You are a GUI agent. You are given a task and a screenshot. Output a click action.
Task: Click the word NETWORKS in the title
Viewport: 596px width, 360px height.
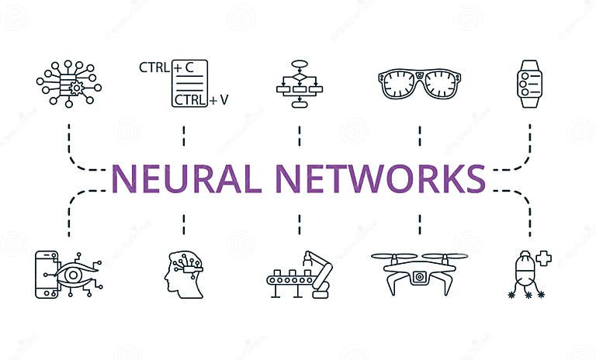(380, 178)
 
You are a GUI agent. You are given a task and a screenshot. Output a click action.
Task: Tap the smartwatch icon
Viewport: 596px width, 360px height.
(529, 84)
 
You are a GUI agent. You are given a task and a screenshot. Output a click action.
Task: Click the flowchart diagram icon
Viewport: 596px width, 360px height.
(299, 84)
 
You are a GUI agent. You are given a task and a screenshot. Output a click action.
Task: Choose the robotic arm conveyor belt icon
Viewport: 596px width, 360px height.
(300, 273)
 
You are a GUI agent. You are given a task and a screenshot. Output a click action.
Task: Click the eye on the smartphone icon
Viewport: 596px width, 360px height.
(70, 273)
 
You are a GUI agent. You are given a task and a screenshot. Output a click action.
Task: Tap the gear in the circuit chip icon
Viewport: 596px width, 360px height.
(76, 88)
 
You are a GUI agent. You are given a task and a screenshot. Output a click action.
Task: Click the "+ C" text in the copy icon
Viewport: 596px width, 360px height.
(183, 67)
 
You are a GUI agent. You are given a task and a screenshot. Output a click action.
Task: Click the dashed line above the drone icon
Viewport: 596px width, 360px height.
(419, 223)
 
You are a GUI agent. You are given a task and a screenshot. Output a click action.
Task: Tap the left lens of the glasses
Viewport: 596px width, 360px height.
(398, 81)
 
